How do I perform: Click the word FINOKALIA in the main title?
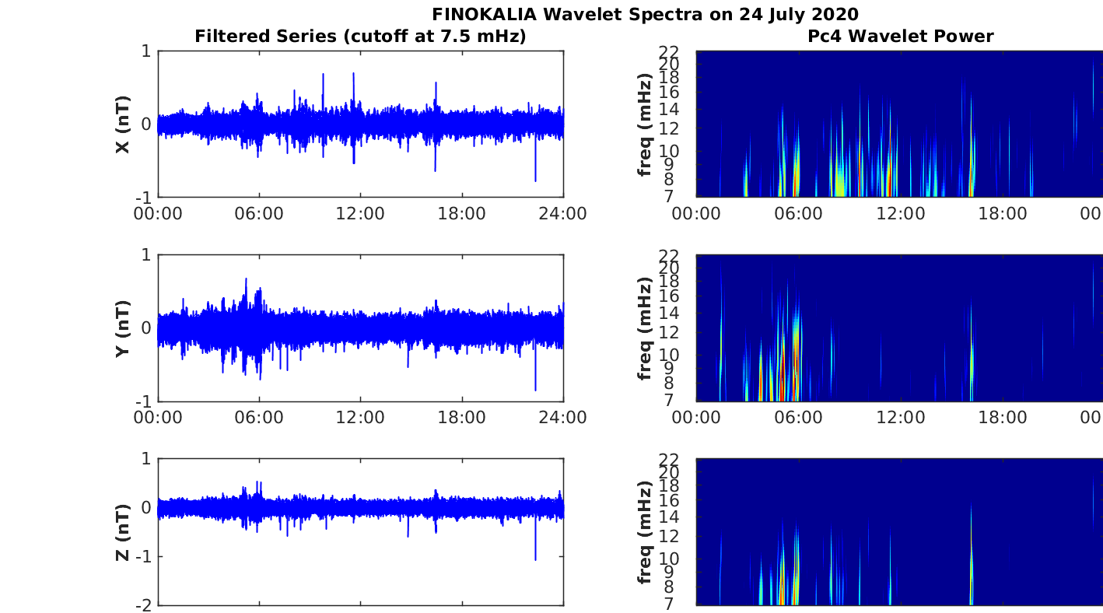pyautogui.click(x=484, y=14)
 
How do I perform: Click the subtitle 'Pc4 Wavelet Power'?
pyautogui.click(x=900, y=36)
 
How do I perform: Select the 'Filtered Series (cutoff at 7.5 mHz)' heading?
pyautogui.click(x=360, y=37)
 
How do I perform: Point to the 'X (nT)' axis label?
pyautogui.click(x=123, y=124)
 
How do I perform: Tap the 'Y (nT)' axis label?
pyautogui.click(x=123, y=328)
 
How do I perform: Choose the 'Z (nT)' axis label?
pyautogui.click(x=123, y=533)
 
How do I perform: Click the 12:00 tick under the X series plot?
pyautogui.click(x=360, y=214)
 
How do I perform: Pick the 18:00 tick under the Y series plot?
pyautogui.click(x=461, y=418)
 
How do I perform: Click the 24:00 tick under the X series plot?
pyautogui.click(x=563, y=214)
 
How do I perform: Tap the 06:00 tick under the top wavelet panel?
pyautogui.click(x=798, y=214)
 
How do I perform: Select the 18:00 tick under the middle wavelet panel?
pyautogui.click(x=1003, y=418)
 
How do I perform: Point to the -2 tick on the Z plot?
pyautogui.click(x=144, y=605)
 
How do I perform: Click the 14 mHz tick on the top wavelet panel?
pyautogui.click(x=669, y=109)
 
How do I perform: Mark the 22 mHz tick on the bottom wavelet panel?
pyautogui.click(x=669, y=460)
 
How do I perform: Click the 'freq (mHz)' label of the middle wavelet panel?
pyautogui.click(x=645, y=328)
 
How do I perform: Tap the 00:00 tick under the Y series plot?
pyautogui.click(x=158, y=418)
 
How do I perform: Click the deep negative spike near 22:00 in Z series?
pyautogui.click(x=535, y=559)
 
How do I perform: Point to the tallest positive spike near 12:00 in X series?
pyautogui.click(x=354, y=74)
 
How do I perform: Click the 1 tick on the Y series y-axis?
pyautogui.click(x=146, y=255)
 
